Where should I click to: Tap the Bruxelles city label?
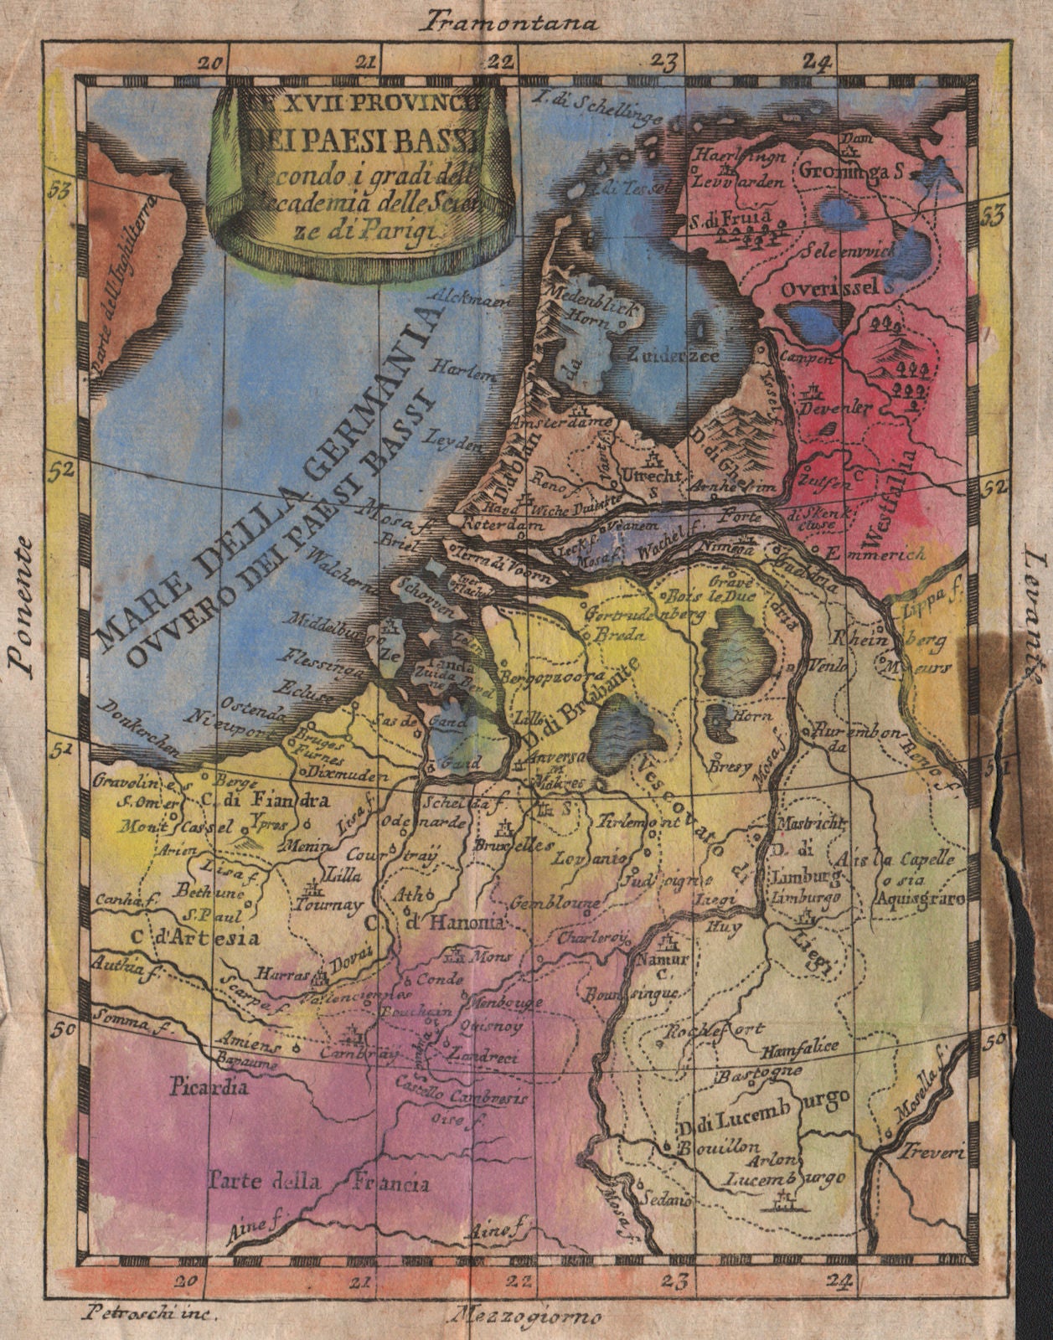524,844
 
